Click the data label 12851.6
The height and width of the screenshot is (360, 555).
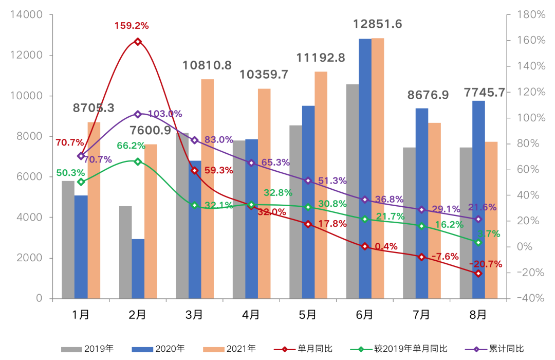coord(378,24)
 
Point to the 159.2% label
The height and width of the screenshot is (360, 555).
coord(132,25)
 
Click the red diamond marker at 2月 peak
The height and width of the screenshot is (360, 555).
coord(138,42)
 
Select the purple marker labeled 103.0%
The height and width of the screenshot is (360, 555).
coord(138,114)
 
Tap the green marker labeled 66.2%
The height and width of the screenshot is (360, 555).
coord(138,161)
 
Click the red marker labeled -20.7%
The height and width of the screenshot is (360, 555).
coord(478,274)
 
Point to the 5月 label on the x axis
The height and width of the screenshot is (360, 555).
coord(308,315)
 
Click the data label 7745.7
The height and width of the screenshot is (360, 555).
coord(485,93)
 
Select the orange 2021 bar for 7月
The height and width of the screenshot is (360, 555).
coord(435,211)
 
